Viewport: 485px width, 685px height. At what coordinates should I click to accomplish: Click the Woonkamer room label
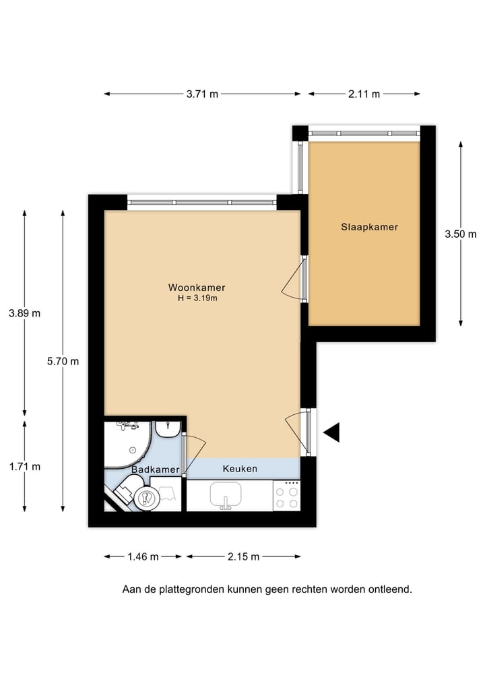[x=197, y=287]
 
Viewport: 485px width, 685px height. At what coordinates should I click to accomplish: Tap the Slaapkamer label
[x=369, y=227]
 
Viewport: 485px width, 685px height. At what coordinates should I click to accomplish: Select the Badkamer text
[x=156, y=469]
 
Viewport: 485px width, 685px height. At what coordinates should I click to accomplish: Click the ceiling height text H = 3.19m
[x=197, y=298]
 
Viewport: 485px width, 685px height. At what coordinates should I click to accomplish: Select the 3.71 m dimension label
[x=202, y=94]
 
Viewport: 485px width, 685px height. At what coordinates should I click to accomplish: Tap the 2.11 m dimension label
[x=364, y=94]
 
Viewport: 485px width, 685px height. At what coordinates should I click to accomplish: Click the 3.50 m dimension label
[x=461, y=234]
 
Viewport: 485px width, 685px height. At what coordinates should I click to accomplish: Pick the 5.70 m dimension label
[x=63, y=361]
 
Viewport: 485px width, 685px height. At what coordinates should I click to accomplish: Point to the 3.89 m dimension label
[x=24, y=313]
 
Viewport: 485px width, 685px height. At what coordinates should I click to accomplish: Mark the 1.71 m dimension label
[x=24, y=466]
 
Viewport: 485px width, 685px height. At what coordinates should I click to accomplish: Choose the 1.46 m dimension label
[x=143, y=556]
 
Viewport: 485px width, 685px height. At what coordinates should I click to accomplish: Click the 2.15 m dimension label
[x=243, y=556]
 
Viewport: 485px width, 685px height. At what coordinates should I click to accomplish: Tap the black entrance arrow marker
[x=331, y=433]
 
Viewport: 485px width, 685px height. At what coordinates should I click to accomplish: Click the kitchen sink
[x=226, y=496]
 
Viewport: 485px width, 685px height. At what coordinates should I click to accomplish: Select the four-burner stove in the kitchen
[x=287, y=497]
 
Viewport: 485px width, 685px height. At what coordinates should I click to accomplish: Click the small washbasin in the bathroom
[x=167, y=428]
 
